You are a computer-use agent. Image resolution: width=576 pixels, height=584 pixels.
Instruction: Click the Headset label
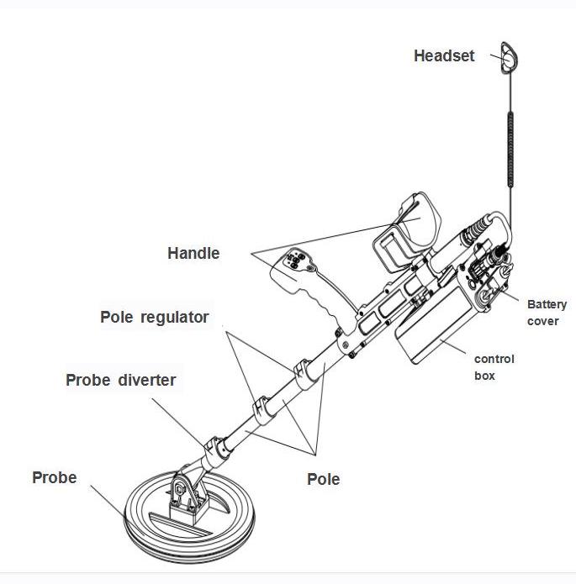pyautogui.click(x=444, y=56)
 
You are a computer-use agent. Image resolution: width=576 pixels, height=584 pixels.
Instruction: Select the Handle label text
pyautogui.click(x=193, y=253)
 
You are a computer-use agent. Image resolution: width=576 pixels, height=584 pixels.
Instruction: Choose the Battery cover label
pyautogui.click(x=547, y=313)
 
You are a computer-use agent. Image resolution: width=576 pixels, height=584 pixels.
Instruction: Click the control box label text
pyautogui.click(x=494, y=367)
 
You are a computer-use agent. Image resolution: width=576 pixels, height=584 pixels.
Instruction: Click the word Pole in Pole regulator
pyautogui.click(x=116, y=317)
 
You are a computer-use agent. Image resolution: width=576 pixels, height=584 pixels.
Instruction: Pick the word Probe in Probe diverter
pyautogui.click(x=87, y=380)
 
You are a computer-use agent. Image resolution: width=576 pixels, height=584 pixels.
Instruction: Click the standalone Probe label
pyautogui.click(x=54, y=478)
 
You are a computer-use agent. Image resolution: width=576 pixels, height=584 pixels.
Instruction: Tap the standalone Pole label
pyautogui.click(x=323, y=479)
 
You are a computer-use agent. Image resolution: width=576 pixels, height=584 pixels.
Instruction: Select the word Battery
pyautogui.click(x=547, y=304)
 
